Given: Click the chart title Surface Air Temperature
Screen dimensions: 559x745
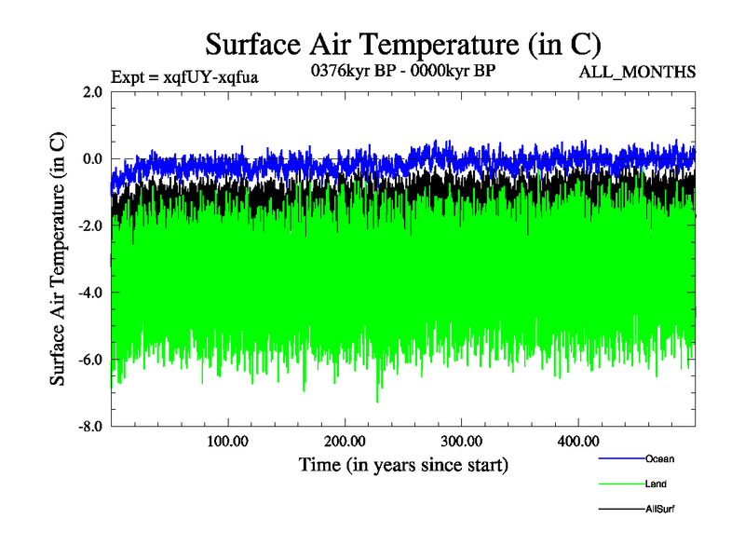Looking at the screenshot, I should click(402, 44).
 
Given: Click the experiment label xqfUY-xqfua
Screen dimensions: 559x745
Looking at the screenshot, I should click(183, 77).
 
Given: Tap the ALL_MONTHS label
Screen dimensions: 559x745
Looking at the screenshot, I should click(636, 72).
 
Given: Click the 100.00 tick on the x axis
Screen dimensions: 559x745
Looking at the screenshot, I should click(227, 442).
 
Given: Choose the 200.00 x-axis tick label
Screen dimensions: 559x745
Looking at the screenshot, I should click(345, 442).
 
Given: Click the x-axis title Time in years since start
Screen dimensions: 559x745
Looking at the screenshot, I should click(403, 464).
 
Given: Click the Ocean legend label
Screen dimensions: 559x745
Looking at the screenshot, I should click(659, 458).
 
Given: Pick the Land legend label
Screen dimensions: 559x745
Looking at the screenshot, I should click(656, 484).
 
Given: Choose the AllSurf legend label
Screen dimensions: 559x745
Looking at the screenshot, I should click(660, 510).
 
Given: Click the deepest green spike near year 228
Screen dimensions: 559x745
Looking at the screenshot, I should click(377, 401).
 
